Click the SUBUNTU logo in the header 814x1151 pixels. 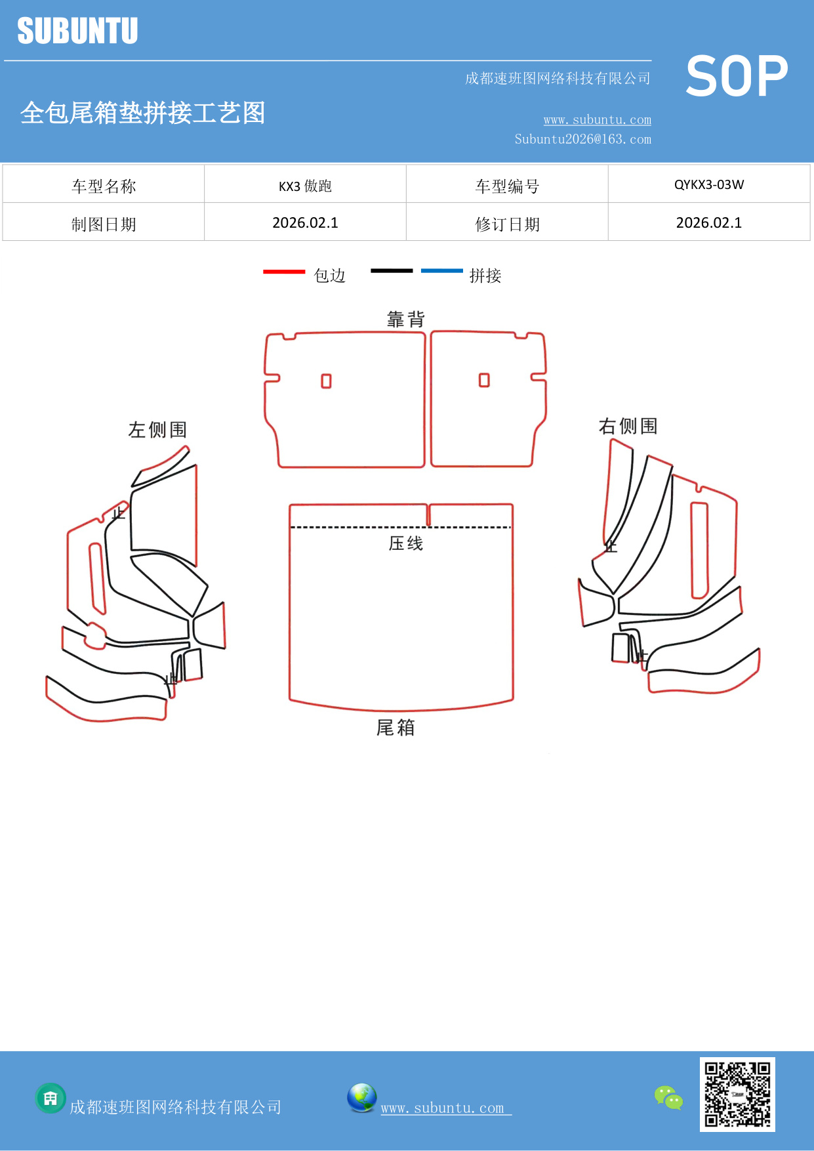[77, 31]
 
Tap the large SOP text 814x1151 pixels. [737, 76]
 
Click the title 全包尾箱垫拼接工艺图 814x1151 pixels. [142, 113]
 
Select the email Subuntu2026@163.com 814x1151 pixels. [582, 139]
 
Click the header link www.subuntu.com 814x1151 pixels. [597, 120]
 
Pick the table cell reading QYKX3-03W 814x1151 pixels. [709, 184]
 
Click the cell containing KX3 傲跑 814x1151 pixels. [305, 186]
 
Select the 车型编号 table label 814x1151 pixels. [507, 186]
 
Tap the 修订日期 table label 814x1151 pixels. [507, 224]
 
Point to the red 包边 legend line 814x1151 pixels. [284, 271]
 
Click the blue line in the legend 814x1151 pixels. [441, 270]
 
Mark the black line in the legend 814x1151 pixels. [392, 270]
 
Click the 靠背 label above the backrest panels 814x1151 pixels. [406, 320]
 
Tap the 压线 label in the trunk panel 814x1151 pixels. [406, 543]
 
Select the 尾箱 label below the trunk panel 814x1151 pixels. [396, 728]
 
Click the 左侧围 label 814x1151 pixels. [157, 430]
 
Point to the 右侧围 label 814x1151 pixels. [628, 427]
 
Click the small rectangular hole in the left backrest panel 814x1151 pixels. [326, 381]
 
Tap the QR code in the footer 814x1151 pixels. [737, 1094]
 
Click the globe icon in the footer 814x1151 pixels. [361, 1098]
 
